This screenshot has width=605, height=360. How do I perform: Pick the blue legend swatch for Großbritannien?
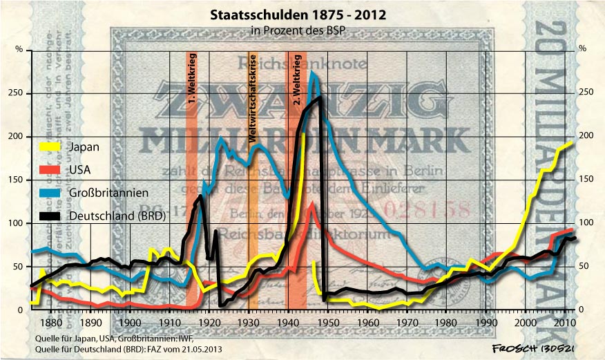click(48, 193)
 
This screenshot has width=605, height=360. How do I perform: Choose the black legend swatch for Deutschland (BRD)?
click(48, 216)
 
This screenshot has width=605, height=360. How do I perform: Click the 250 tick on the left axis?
click(19, 93)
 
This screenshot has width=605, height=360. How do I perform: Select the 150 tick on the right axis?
click(586, 180)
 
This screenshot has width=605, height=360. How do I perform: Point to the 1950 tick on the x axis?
click(327, 323)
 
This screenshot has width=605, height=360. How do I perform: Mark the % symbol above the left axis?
click(19, 48)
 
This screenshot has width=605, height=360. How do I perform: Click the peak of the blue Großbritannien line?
click(313, 72)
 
